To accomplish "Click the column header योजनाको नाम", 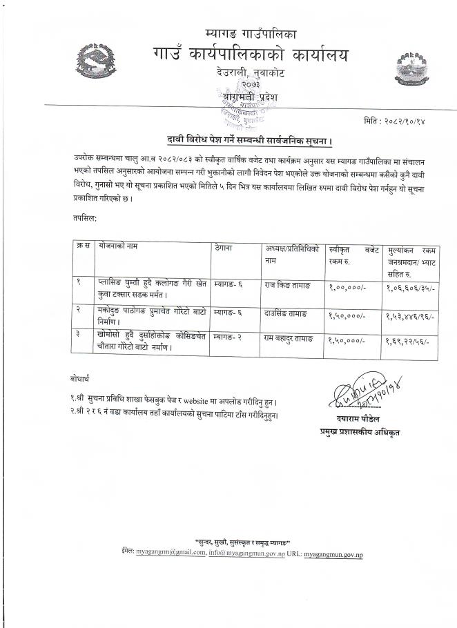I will click(x=121, y=246).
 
